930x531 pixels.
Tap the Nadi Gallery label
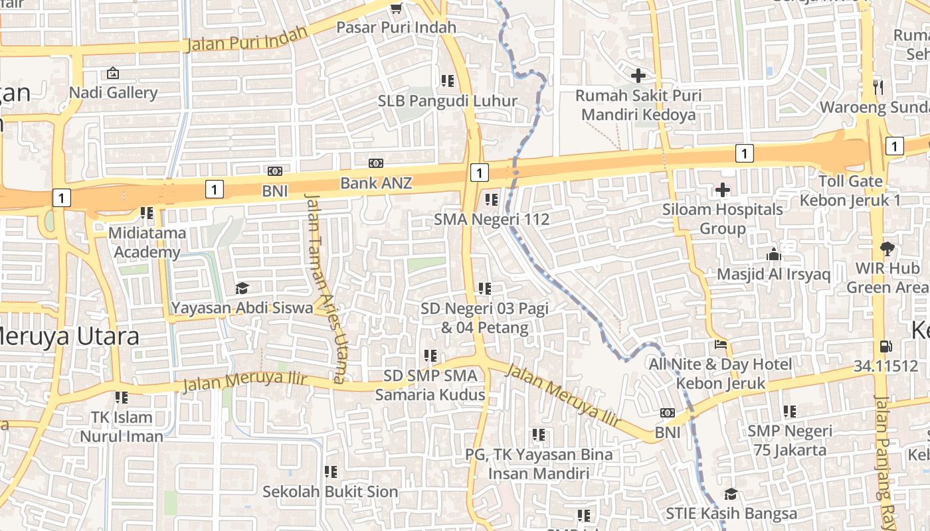(x=113, y=93)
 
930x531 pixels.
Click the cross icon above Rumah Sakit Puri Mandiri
(x=638, y=76)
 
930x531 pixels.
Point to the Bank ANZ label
(x=376, y=183)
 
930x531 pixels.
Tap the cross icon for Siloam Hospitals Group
(x=722, y=190)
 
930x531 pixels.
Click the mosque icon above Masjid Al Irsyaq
(x=773, y=254)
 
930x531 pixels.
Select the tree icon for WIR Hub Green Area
(x=886, y=249)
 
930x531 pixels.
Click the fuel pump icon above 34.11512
(x=885, y=346)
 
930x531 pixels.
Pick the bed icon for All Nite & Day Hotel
(x=721, y=345)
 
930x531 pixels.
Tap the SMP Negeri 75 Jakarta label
(x=789, y=440)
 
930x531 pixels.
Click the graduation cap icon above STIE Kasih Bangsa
(x=731, y=494)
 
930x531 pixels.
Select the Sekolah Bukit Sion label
(x=330, y=492)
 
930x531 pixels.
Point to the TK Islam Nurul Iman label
(x=122, y=427)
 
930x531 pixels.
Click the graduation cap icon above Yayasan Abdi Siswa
(x=242, y=288)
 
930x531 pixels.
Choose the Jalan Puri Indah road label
(x=248, y=39)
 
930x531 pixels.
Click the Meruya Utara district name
(x=70, y=336)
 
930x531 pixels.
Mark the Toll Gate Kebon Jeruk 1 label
(x=850, y=190)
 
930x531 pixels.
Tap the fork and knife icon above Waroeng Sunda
(x=878, y=87)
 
